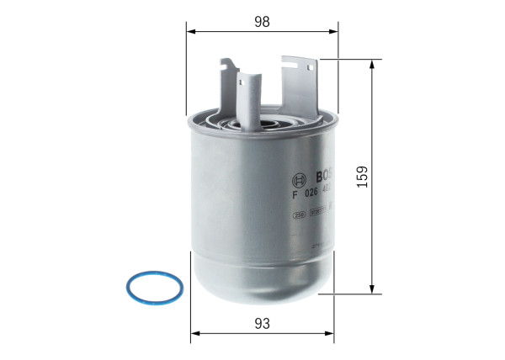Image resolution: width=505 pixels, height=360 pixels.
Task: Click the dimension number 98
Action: click(x=262, y=23)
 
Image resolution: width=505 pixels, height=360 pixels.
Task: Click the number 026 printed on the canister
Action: click(x=311, y=199)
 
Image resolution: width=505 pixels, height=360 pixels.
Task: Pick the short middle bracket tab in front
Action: click(x=247, y=97)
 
